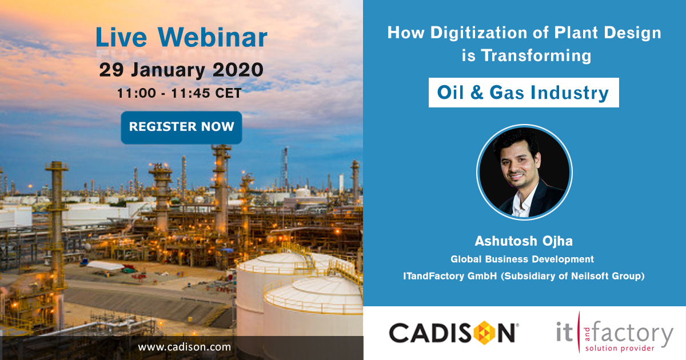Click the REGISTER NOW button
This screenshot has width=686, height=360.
click(181, 127)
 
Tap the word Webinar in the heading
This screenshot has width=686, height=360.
click(213, 37)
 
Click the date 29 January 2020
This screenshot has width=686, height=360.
click(181, 70)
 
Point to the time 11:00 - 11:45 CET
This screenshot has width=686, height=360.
click(180, 93)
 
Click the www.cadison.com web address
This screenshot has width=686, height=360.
click(184, 347)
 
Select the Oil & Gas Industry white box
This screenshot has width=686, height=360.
click(524, 93)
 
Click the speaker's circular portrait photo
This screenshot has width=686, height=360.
click(524, 172)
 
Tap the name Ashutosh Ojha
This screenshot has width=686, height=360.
click(524, 241)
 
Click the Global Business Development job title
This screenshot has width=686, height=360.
click(522, 259)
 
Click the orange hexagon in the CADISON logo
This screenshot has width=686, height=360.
click(484, 333)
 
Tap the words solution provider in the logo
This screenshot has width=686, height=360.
click(620, 349)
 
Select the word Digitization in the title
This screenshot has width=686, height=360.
click(479, 33)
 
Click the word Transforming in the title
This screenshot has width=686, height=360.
click(536, 56)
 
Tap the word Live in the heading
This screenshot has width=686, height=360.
click(121, 37)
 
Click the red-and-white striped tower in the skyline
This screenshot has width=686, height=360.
click(285, 168)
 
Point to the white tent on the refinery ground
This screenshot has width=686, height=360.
click(106, 265)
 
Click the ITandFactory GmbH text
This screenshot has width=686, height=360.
click(450, 276)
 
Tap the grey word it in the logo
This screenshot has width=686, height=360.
click(564, 331)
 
